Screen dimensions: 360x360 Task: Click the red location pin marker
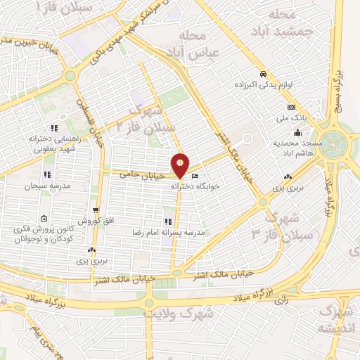tap(181, 165)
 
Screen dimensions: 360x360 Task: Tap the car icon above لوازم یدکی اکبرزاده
tap(262, 74)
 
